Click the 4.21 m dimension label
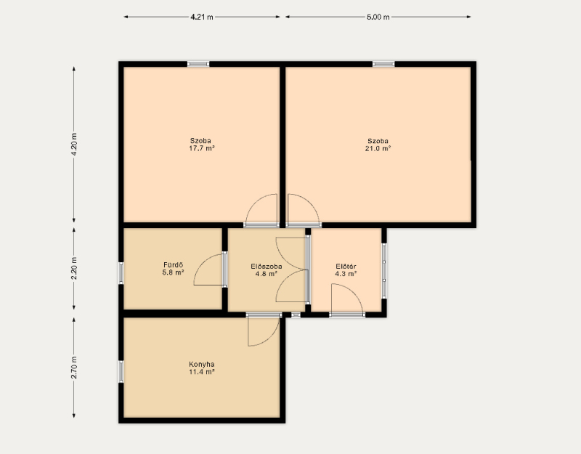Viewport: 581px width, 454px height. tap(202, 17)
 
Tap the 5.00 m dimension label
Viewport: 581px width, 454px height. tap(378, 17)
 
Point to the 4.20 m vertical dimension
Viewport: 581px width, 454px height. tap(74, 144)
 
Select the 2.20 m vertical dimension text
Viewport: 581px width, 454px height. tap(74, 268)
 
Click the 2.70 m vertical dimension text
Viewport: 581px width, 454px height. tap(74, 368)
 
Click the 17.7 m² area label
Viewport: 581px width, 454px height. tap(202, 148)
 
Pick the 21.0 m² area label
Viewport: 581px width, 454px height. tap(378, 148)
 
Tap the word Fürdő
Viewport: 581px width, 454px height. tap(173, 265)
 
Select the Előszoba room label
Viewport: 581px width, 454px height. tap(267, 267)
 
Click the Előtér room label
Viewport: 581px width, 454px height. tap(346, 267)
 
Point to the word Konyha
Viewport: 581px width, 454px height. tap(202, 365)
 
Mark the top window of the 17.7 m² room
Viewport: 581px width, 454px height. tap(198, 64)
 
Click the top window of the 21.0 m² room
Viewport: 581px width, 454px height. tap(383, 64)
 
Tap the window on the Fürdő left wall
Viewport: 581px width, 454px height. tap(121, 273)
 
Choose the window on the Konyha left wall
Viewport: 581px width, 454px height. tap(121, 372)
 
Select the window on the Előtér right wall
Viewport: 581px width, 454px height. tap(384, 270)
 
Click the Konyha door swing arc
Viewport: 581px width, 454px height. tap(272, 338)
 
